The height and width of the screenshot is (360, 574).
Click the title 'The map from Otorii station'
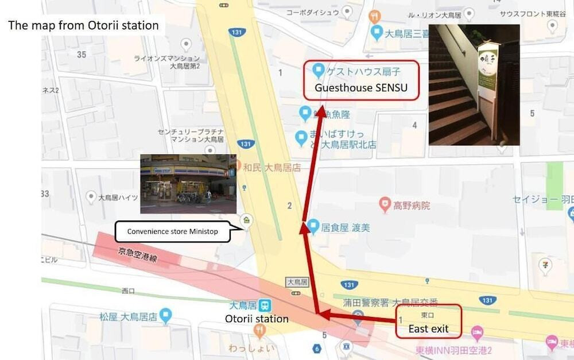pyautogui.click(x=83, y=25)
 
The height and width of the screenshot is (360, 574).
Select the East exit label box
pyautogui.click(x=429, y=322)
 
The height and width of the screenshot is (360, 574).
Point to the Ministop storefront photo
pyautogui.click(x=188, y=184)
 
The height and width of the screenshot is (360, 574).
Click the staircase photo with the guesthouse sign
pyautogui.click(x=474, y=84)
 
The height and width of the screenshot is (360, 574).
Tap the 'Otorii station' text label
pyautogui.click(x=257, y=319)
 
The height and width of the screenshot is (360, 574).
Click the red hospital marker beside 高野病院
pyautogui.click(x=385, y=204)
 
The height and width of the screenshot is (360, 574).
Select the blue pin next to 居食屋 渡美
pyautogui.click(x=313, y=226)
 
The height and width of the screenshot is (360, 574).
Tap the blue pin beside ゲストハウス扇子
pyautogui.click(x=319, y=71)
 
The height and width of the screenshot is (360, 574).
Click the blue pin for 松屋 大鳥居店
pyautogui.click(x=166, y=314)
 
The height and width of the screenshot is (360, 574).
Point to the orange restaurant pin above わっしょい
pyautogui.click(x=259, y=330)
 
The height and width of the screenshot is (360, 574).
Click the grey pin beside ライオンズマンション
pyautogui.click(x=185, y=45)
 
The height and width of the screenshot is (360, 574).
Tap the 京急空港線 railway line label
pyautogui.click(x=138, y=256)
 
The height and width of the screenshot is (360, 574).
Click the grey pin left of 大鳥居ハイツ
pyautogui.click(x=91, y=197)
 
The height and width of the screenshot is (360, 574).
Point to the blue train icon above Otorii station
pyautogui.click(x=265, y=305)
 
